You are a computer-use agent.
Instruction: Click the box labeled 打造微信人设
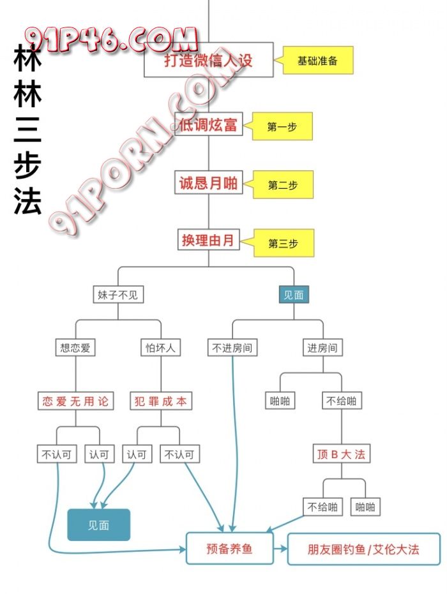(209, 60)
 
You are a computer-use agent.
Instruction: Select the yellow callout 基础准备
(317, 61)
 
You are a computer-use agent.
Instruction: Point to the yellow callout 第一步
(282, 127)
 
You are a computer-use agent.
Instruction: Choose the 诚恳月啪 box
(208, 184)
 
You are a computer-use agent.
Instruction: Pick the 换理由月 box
(208, 241)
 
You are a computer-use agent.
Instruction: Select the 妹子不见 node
(117, 295)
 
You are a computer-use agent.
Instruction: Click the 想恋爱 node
(75, 348)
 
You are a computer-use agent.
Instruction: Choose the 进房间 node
(322, 348)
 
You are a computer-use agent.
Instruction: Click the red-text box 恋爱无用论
(75, 401)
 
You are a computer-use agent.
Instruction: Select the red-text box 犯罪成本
(160, 401)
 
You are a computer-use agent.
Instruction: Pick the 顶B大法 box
(341, 454)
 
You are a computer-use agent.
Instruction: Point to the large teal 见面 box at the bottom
(99, 525)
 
